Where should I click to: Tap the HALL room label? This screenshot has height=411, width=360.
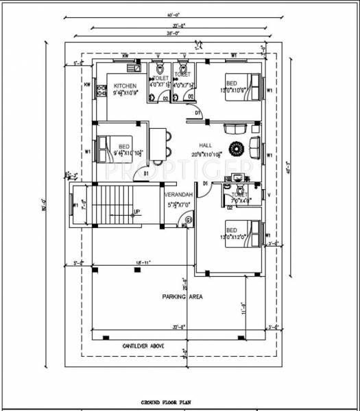coord(205,146)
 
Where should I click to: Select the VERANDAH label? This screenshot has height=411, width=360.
coord(178,195)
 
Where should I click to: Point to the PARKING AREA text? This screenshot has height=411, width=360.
coord(180,297)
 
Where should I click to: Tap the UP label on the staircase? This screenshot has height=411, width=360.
coord(137,211)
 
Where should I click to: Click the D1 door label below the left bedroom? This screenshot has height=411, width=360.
coord(147,174)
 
